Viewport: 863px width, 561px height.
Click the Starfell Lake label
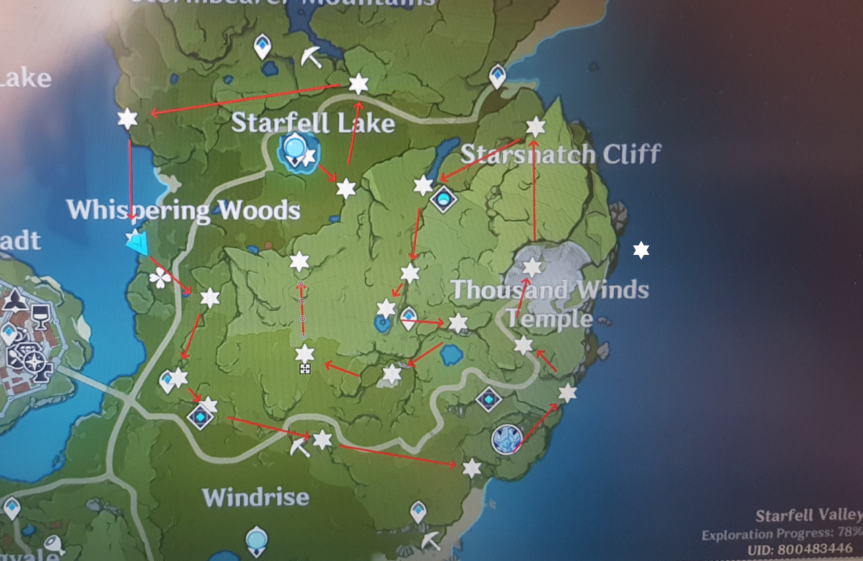tap(313, 123)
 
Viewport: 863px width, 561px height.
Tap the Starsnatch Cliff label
tap(560, 154)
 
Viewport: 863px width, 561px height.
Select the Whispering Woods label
tap(183, 210)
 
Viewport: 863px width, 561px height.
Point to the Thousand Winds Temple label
tap(549, 303)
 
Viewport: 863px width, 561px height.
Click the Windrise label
tap(256, 498)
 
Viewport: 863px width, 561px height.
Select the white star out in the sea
tap(641, 250)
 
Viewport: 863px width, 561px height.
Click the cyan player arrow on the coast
tap(137, 242)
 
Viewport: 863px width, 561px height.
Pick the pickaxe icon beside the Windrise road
tap(299, 446)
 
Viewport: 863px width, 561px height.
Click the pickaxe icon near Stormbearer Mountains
tap(311, 57)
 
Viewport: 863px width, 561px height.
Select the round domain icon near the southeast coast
tap(507, 440)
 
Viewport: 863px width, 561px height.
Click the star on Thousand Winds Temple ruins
tap(532, 267)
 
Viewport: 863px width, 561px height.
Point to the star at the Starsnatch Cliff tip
tap(535, 126)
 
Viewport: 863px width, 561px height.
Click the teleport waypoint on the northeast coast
tap(498, 75)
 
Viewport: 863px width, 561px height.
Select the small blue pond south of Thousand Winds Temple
tap(450, 353)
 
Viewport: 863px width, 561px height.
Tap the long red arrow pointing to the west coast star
tap(246, 99)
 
